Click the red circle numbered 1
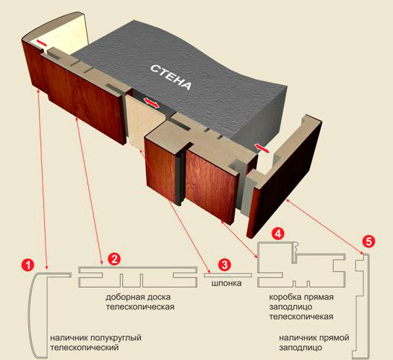click(27, 265)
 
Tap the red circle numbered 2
click(114, 259)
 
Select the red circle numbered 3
click(224, 265)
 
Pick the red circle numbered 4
click(278, 233)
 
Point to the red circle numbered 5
click(368, 241)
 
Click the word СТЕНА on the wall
click(171, 77)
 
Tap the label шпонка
click(227, 283)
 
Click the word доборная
click(124, 297)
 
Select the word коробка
click(285, 297)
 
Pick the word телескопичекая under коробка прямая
click(301, 317)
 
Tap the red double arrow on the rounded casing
click(41, 43)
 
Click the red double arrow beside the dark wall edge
click(151, 103)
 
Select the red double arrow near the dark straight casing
click(262, 148)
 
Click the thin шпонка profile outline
click(228, 275)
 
